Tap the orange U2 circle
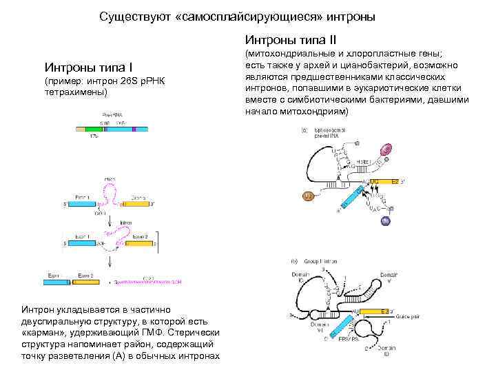[x=309, y=197]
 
